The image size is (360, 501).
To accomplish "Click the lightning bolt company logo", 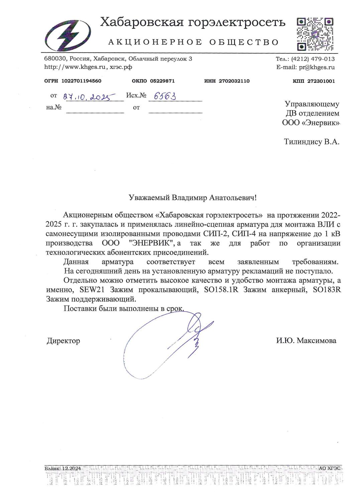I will (69, 34).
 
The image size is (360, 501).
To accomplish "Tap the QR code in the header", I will (315, 34).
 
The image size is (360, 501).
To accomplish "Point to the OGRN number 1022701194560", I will (82, 81).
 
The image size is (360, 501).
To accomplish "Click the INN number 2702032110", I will (234, 81).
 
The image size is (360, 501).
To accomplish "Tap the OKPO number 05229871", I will (162, 81).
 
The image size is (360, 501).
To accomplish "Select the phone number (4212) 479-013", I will (313, 59).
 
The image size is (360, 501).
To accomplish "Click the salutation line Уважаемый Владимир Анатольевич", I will (193, 197).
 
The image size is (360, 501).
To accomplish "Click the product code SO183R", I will (327, 290).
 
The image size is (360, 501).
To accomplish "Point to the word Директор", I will (63, 341).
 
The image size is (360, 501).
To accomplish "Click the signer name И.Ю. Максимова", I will (306, 341).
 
